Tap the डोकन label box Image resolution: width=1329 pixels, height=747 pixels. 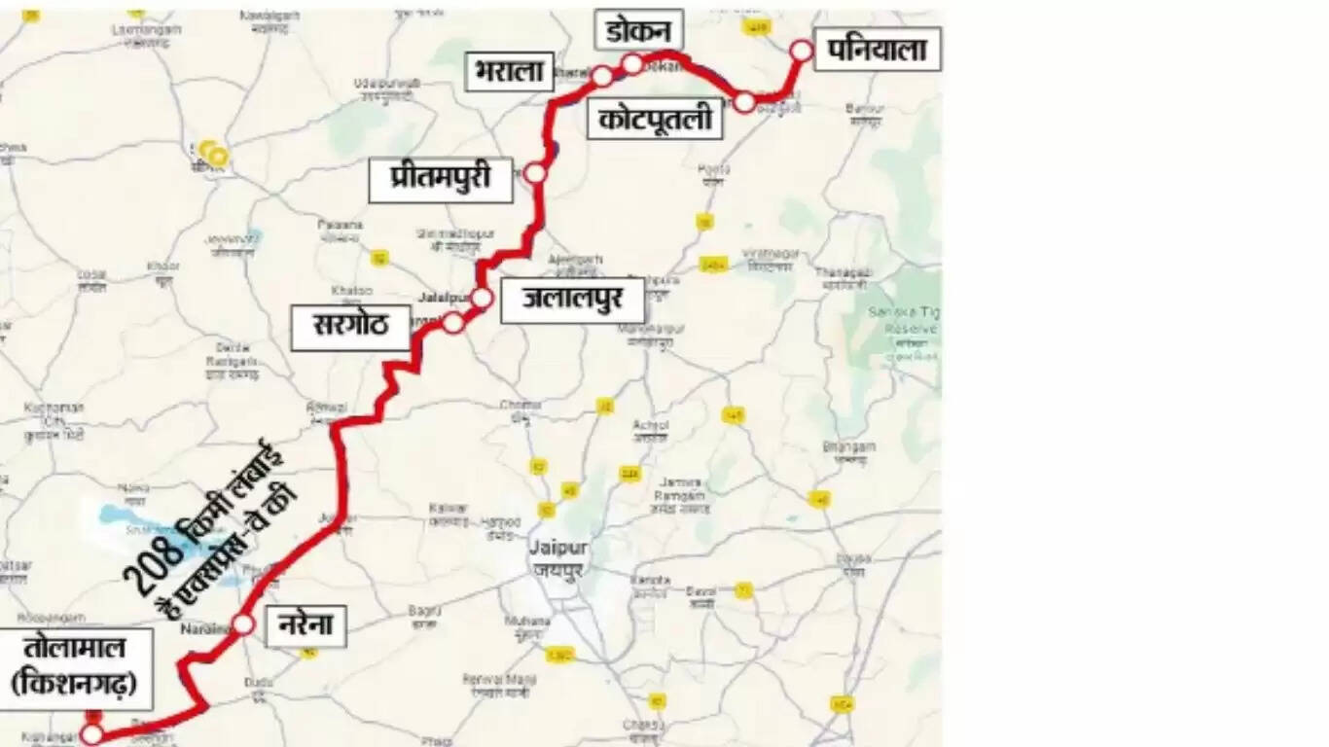coord(638,31)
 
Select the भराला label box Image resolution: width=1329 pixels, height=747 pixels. coord(509,71)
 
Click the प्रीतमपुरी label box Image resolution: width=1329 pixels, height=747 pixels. coord(440,181)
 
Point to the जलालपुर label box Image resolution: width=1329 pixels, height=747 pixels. coord(572,301)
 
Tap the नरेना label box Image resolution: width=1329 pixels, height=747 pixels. coord(305,625)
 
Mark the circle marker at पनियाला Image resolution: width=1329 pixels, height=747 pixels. coord(801,51)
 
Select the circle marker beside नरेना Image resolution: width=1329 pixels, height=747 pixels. coord(243,624)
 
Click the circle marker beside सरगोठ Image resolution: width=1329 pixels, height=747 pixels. coord(452,323)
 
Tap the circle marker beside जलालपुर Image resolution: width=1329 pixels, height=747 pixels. coord(482,298)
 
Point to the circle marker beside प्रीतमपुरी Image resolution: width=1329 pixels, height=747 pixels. coord(535,173)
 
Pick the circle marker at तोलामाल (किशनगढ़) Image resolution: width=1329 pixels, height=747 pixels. coord(90,734)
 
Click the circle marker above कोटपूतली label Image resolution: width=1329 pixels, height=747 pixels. coord(744,101)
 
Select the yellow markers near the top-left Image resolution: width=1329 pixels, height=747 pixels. coord(213,153)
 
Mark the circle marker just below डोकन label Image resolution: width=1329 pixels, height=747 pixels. coord(632,64)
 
